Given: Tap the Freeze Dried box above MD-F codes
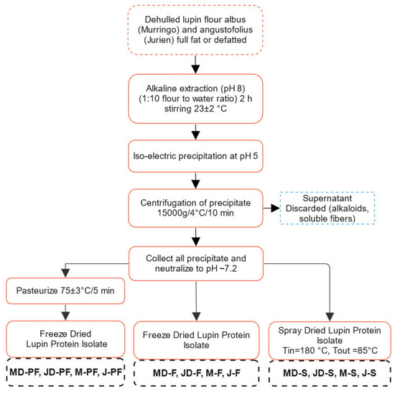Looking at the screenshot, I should pyautogui.click(x=196, y=337).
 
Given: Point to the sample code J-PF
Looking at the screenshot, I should pyautogui.click(x=108, y=372).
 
